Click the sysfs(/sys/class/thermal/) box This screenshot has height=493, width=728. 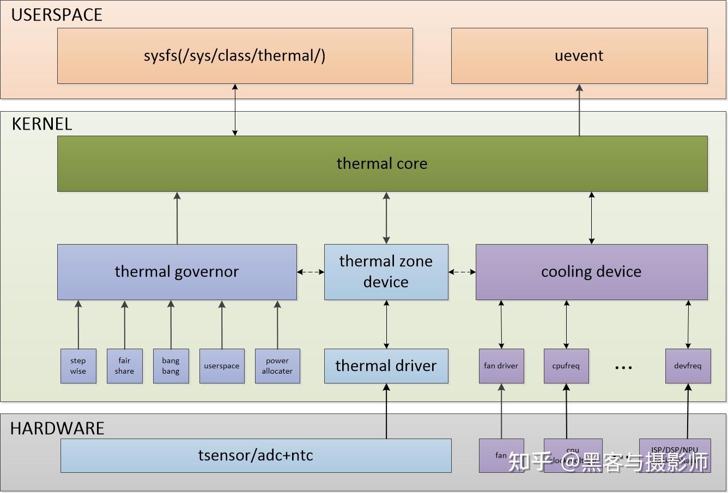235,56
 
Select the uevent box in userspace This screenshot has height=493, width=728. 579,56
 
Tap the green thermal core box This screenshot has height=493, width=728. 381,163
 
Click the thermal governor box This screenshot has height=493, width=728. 177,271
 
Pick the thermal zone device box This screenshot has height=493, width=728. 386,271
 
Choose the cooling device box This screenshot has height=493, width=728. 591,271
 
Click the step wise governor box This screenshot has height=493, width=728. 78,366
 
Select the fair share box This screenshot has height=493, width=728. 124,366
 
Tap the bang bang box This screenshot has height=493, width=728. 171,366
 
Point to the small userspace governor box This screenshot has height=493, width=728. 221,366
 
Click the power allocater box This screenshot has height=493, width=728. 277,366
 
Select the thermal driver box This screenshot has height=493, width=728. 386,366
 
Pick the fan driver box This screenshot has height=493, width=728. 501,366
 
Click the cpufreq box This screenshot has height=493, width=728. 566,366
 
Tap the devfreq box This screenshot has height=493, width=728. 688,366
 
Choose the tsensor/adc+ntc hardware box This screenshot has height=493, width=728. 256,455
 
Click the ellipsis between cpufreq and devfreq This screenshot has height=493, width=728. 623,368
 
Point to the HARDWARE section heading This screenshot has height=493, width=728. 57,428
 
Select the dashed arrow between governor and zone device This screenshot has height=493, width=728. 311,272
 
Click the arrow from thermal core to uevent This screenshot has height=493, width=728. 579,109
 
